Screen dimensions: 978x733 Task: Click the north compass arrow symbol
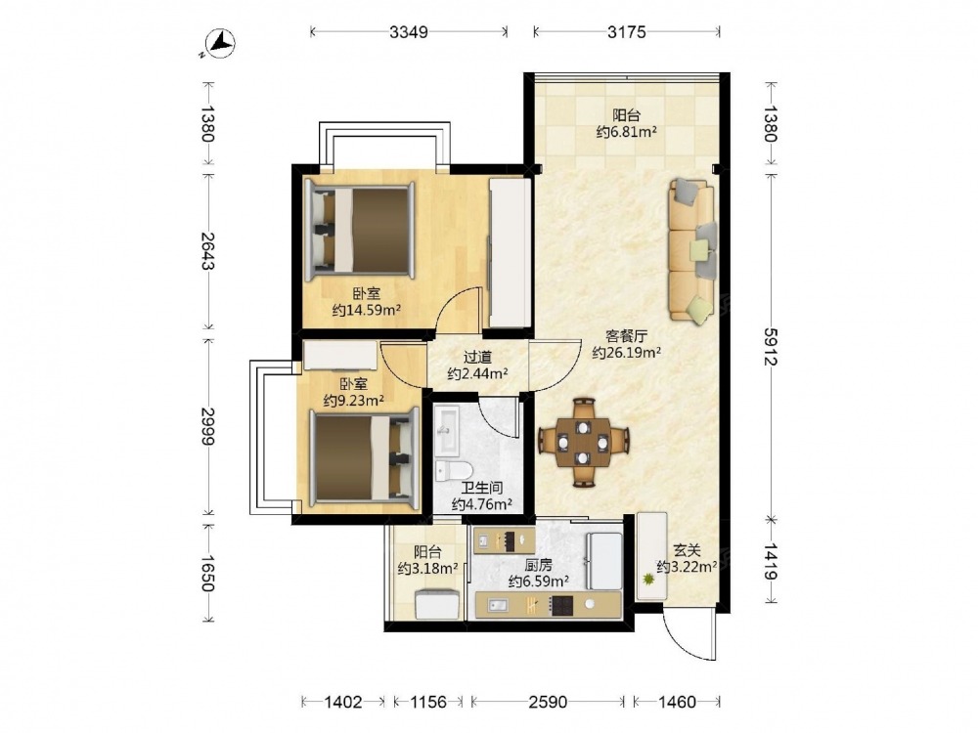(x=219, y=44)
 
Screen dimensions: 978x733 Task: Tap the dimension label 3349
(x=409, y=32)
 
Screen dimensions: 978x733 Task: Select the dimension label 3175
(x=627, y=32)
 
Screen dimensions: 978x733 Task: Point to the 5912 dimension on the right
(x=772, y=347)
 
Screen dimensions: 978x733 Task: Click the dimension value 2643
(x=208, y=250)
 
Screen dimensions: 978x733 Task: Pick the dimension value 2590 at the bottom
(x=548, y=702)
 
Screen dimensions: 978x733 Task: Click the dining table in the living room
(x=583, y=443)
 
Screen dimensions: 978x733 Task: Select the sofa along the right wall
(x=692, y=249)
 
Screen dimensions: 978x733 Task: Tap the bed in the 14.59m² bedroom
(x=360, y=231)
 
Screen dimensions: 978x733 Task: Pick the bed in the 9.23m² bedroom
(x=364, y=458)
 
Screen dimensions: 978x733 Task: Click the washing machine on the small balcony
(x=438, y=605)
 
